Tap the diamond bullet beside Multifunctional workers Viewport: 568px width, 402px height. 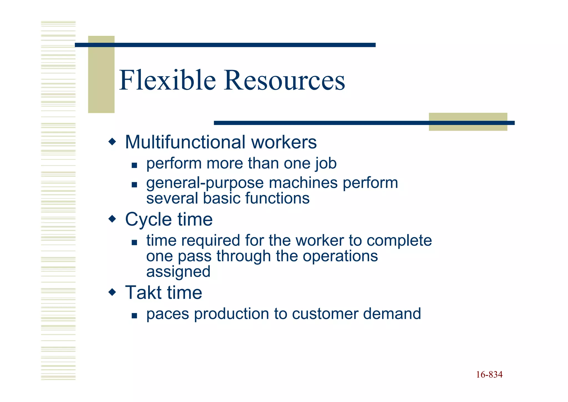point(112,142)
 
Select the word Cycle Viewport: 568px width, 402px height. point(148,220)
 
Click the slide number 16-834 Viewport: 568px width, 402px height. point(489,375)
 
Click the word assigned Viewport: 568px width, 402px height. point(178,272)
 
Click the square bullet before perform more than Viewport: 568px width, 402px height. point(135,166)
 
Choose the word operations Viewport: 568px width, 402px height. point(340,256)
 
